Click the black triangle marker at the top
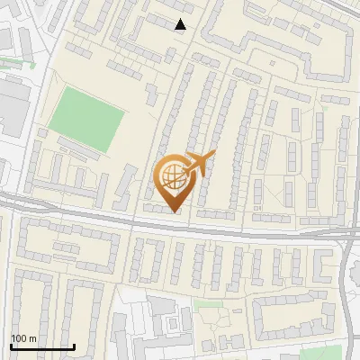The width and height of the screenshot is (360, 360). pos(181,24)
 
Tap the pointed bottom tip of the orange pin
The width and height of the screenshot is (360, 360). pos(174,211)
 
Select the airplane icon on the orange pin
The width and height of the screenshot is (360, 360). pos(199,164)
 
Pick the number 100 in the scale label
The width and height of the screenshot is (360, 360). pos(19,338)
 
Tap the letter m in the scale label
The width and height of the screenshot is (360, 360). pos(32,338)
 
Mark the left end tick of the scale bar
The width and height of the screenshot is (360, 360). pos(11,346)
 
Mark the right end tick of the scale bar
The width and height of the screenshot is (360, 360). pos(75,346)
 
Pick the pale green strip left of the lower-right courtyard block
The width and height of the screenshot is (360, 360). pos(209,304)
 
